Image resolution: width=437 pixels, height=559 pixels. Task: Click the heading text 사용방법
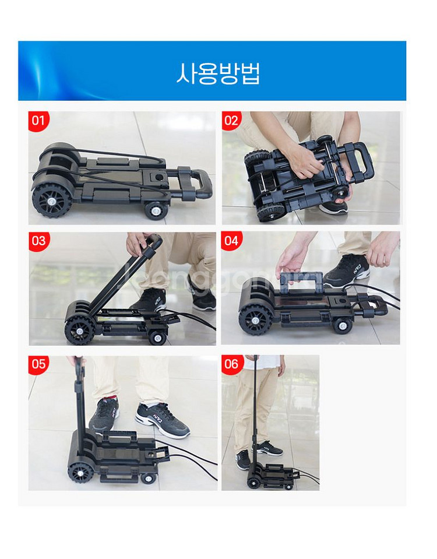(218, 73)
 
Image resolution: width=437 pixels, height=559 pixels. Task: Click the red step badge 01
(38, 121)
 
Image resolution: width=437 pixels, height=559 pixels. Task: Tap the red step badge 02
(231, 121)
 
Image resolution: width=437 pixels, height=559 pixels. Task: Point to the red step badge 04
(231, 241)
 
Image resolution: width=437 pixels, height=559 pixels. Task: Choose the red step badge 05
(38, 365)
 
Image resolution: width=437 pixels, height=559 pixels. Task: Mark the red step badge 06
(231, 365)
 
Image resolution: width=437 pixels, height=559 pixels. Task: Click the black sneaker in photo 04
(347, 272)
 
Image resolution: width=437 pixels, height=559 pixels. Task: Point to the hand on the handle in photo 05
(75, 362)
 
